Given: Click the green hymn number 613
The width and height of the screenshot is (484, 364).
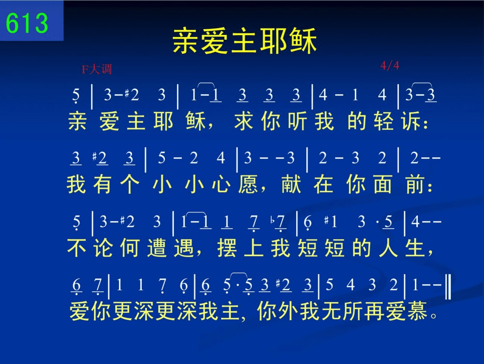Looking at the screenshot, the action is (27, 23).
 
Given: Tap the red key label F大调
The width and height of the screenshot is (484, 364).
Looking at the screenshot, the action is (97, 69).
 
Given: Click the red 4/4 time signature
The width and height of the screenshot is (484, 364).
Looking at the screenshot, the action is (389, 66).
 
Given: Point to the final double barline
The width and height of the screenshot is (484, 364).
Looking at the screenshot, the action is (448, 286).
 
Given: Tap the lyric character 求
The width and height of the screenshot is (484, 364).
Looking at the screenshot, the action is (244, 121).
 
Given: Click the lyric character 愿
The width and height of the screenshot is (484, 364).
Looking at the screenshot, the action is (248, 184).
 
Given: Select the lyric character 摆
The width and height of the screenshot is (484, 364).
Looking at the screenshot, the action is (227, 248).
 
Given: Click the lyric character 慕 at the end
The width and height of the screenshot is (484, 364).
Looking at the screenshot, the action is (417, 311).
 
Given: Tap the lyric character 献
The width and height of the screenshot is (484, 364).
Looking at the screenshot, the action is (291, 184).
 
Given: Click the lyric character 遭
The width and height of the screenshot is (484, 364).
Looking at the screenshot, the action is (157, 248).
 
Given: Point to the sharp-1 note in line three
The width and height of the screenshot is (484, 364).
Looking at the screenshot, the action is (331, 222).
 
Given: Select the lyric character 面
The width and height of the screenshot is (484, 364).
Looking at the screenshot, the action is (383, 184).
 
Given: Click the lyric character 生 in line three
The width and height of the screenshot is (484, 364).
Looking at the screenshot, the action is (415, 248).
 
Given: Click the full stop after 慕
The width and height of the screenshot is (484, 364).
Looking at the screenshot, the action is (433, 315).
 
